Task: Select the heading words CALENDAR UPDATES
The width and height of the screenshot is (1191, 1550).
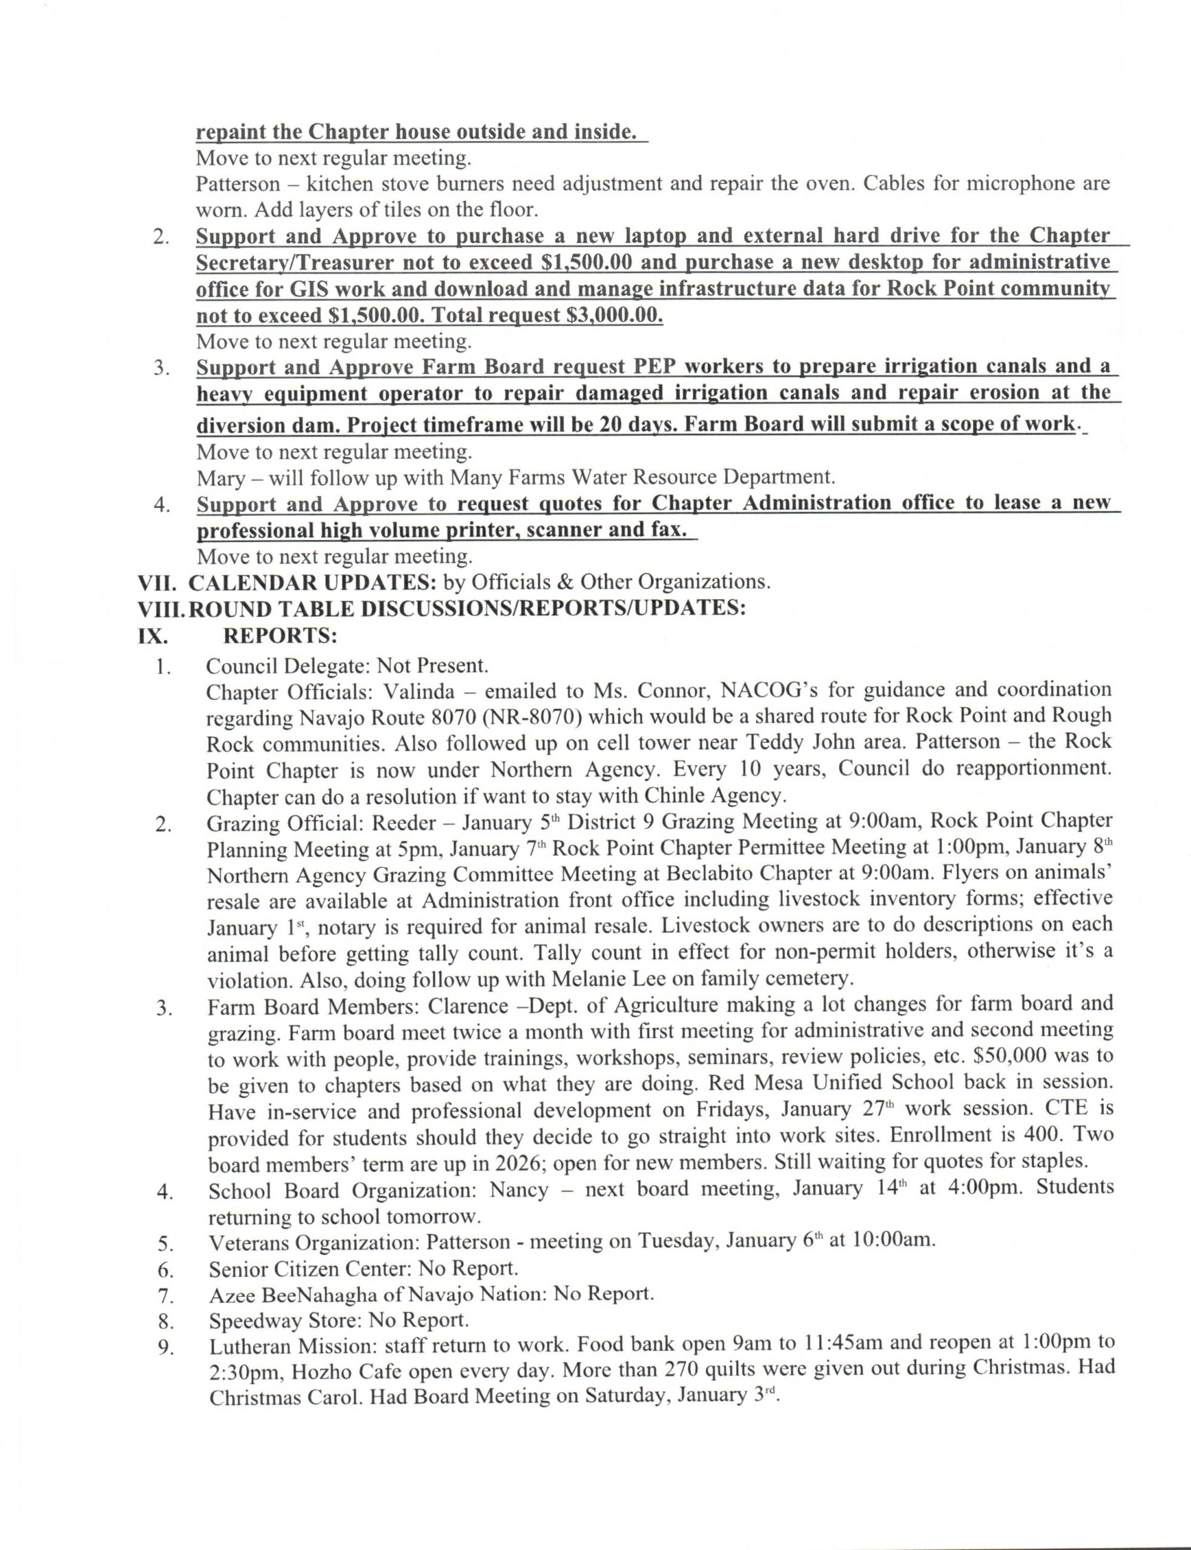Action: click(312, 582)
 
